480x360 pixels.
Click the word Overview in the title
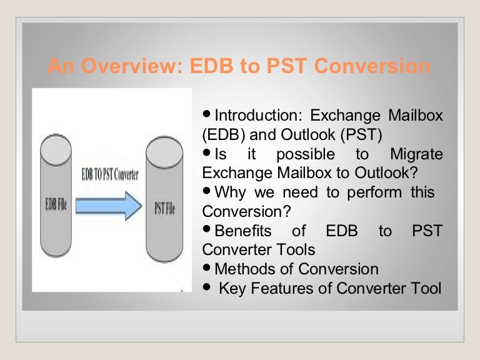[x=132, y=66]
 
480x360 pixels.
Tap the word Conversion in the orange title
[x=372, y=66]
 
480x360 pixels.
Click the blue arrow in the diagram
[x=109, y=206]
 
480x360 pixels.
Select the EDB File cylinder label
[x=56, y=204]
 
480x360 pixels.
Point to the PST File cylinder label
[x=164, y=208]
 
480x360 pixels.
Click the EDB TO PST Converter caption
[x=110, y=174]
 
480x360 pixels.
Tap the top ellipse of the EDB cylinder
[x=56, y=150]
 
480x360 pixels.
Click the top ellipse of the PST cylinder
[x=164, y=152]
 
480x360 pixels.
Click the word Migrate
[x=416, y=154]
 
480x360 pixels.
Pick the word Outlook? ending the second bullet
[x=386, y=172]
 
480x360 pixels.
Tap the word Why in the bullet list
[x=230, y=193]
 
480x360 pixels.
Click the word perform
[x=374, y=193]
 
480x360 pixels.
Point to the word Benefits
[x=243, y=231]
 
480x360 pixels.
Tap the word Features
[x=282, y=288]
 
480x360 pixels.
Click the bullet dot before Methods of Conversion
[x=207, y=268]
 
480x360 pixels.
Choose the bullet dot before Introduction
[x=207, y=114]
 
